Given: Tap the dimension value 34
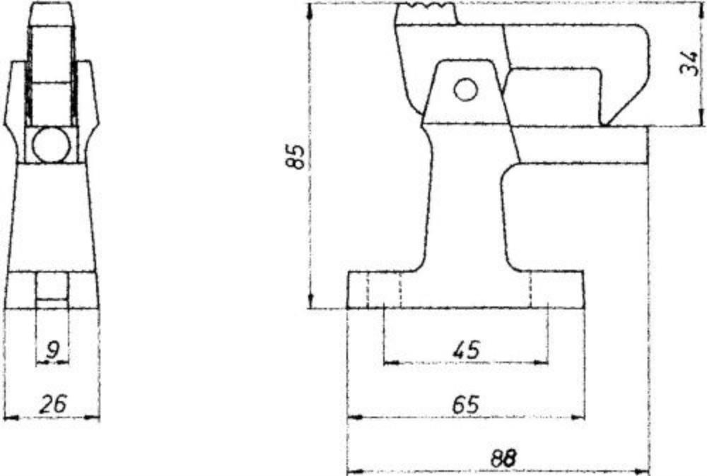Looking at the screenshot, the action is (690, 63).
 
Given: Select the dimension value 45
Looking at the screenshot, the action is (467, 350).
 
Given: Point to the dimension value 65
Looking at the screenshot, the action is (466, 405).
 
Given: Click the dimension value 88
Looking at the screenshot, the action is (503, 459).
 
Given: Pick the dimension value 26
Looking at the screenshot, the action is (53, 404).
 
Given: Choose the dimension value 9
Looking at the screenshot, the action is (52, 350).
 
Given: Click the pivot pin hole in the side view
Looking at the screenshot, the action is (466, 89).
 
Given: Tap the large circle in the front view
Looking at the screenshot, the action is (52, 145).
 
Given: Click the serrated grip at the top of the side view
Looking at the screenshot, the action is (426, 6).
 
